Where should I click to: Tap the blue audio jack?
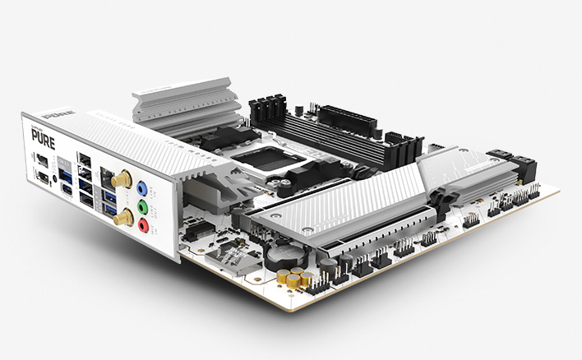coord(144,187)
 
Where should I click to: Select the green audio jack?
coord(144,205)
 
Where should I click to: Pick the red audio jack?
coord(144,223)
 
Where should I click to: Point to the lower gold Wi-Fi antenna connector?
coord(121,216)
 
